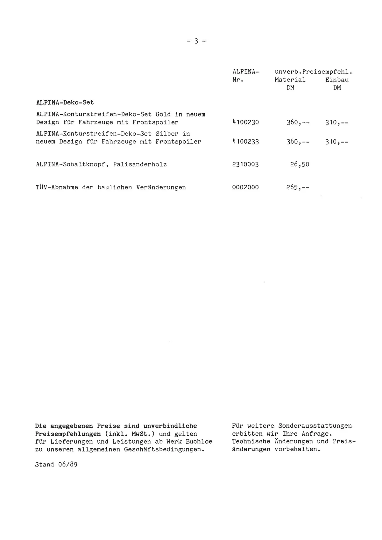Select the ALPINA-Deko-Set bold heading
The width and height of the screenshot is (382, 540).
pyautogui.click(x=65, y=103)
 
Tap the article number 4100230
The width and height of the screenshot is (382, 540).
pyautogui.click(x=245, y=122)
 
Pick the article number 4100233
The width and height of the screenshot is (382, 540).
pyautogui.click(x=245, y=142)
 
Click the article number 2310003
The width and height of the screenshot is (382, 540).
pyautogui.click(x=245, y=165)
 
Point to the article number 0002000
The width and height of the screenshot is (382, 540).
pyautogui.click(x=245, y=187)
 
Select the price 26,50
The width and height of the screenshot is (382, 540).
pyautogui.click(x=300, y=165)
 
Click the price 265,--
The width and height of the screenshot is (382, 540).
pyautogui.click(x=298, y=187)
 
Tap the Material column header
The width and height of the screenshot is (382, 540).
pyautogui.click(x=290, y=80)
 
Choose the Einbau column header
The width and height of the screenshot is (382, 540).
pyautogui.click(x=337, y=80)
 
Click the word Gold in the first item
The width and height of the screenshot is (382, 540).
pyautogui.click(x=163, y=114)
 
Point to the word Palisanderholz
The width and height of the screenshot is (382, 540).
pyautogui.click(x=140, y=165)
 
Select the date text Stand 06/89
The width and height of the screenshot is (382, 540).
pyautogui.click(x=56, y=465)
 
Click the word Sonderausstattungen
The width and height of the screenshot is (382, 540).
pyautogui.click(x=315, y=426)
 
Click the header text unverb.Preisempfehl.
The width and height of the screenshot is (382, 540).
pyautogui.click(x=313, y=72)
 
